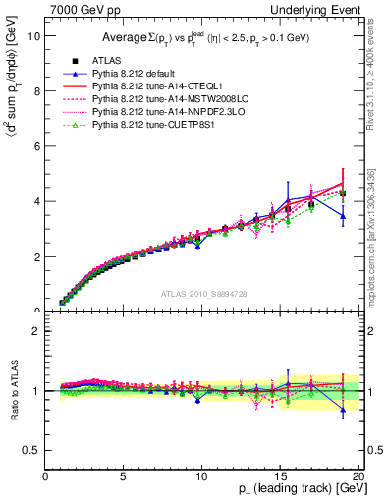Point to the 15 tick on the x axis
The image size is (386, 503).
280,476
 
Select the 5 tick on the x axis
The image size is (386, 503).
124,476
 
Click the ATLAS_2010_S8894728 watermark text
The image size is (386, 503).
202,294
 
